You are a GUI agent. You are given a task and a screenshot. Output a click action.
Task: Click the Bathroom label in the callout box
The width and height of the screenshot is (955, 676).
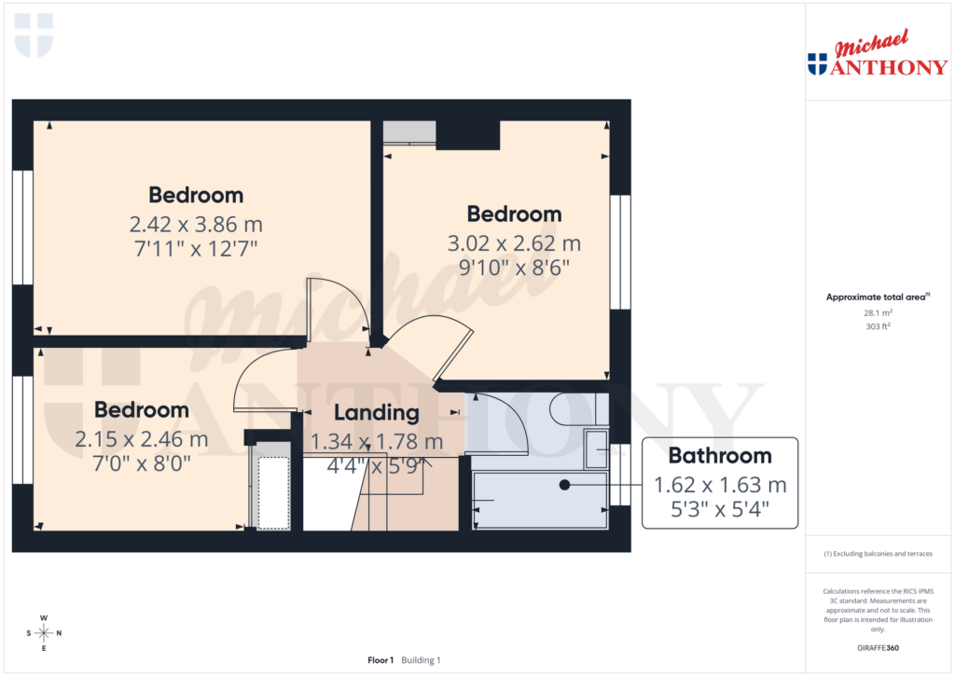(719, 456)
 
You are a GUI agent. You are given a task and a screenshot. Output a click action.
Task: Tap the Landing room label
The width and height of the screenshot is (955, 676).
(376, 413)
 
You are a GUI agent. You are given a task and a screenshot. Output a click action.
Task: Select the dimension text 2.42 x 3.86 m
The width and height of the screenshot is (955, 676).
(196, 224)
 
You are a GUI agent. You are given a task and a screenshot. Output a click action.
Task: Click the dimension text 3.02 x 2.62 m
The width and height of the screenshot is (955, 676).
(514, 243)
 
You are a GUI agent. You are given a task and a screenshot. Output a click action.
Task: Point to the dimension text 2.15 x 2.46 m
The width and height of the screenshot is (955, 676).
(142, 439)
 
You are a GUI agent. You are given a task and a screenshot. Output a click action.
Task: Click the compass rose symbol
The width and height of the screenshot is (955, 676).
(43, 633)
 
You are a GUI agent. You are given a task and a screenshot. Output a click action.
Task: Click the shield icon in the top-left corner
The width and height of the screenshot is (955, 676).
(35, 34)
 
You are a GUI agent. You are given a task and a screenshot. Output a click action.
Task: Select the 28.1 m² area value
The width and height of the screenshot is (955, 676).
(877, 314)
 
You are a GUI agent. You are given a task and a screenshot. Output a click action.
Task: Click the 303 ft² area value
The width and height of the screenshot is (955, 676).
(877, 327)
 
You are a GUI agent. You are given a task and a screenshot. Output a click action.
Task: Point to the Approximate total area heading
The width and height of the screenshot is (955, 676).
(877, 297)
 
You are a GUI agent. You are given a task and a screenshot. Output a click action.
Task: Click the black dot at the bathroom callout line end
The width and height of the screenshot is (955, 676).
(564, 485)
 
